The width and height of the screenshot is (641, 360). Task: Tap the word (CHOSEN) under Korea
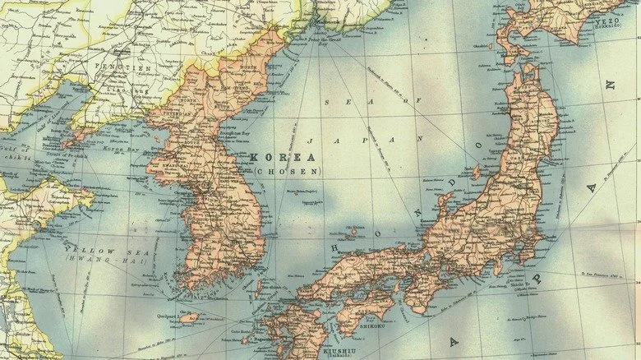click(x=277, y=171)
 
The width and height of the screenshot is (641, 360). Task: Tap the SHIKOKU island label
click(x=379, y=326)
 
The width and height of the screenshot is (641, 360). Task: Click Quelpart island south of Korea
click(x=189, y=317)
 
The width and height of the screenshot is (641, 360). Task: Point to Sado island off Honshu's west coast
click(x=475, y=173)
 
